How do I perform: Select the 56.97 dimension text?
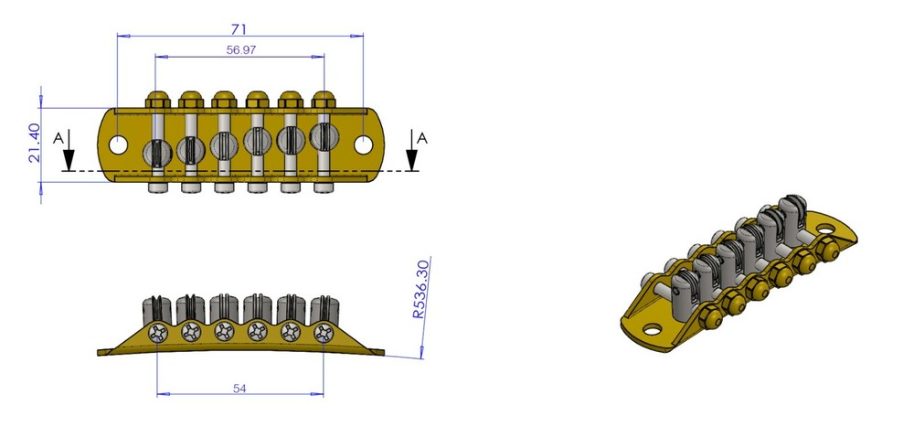click(239, 50)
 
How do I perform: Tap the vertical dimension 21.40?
click(34, 144)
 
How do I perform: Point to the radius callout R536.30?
click(420, 288)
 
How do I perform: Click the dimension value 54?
click(239, 389)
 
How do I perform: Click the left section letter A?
click(58, 137)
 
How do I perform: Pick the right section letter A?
click(421, 137)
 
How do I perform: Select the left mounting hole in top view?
click(119, 144)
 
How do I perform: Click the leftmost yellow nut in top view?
click(157, 98)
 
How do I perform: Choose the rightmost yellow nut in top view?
click(323, 98)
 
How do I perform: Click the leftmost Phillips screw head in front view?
click(158, 333)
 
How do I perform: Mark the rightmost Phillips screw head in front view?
click(323, 333)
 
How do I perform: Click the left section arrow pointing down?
click(68, 157)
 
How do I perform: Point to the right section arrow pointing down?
click(412, 157)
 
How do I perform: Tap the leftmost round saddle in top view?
click(156, 150)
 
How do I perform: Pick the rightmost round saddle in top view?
click(323, 137)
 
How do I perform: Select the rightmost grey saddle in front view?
click(323, 308)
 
